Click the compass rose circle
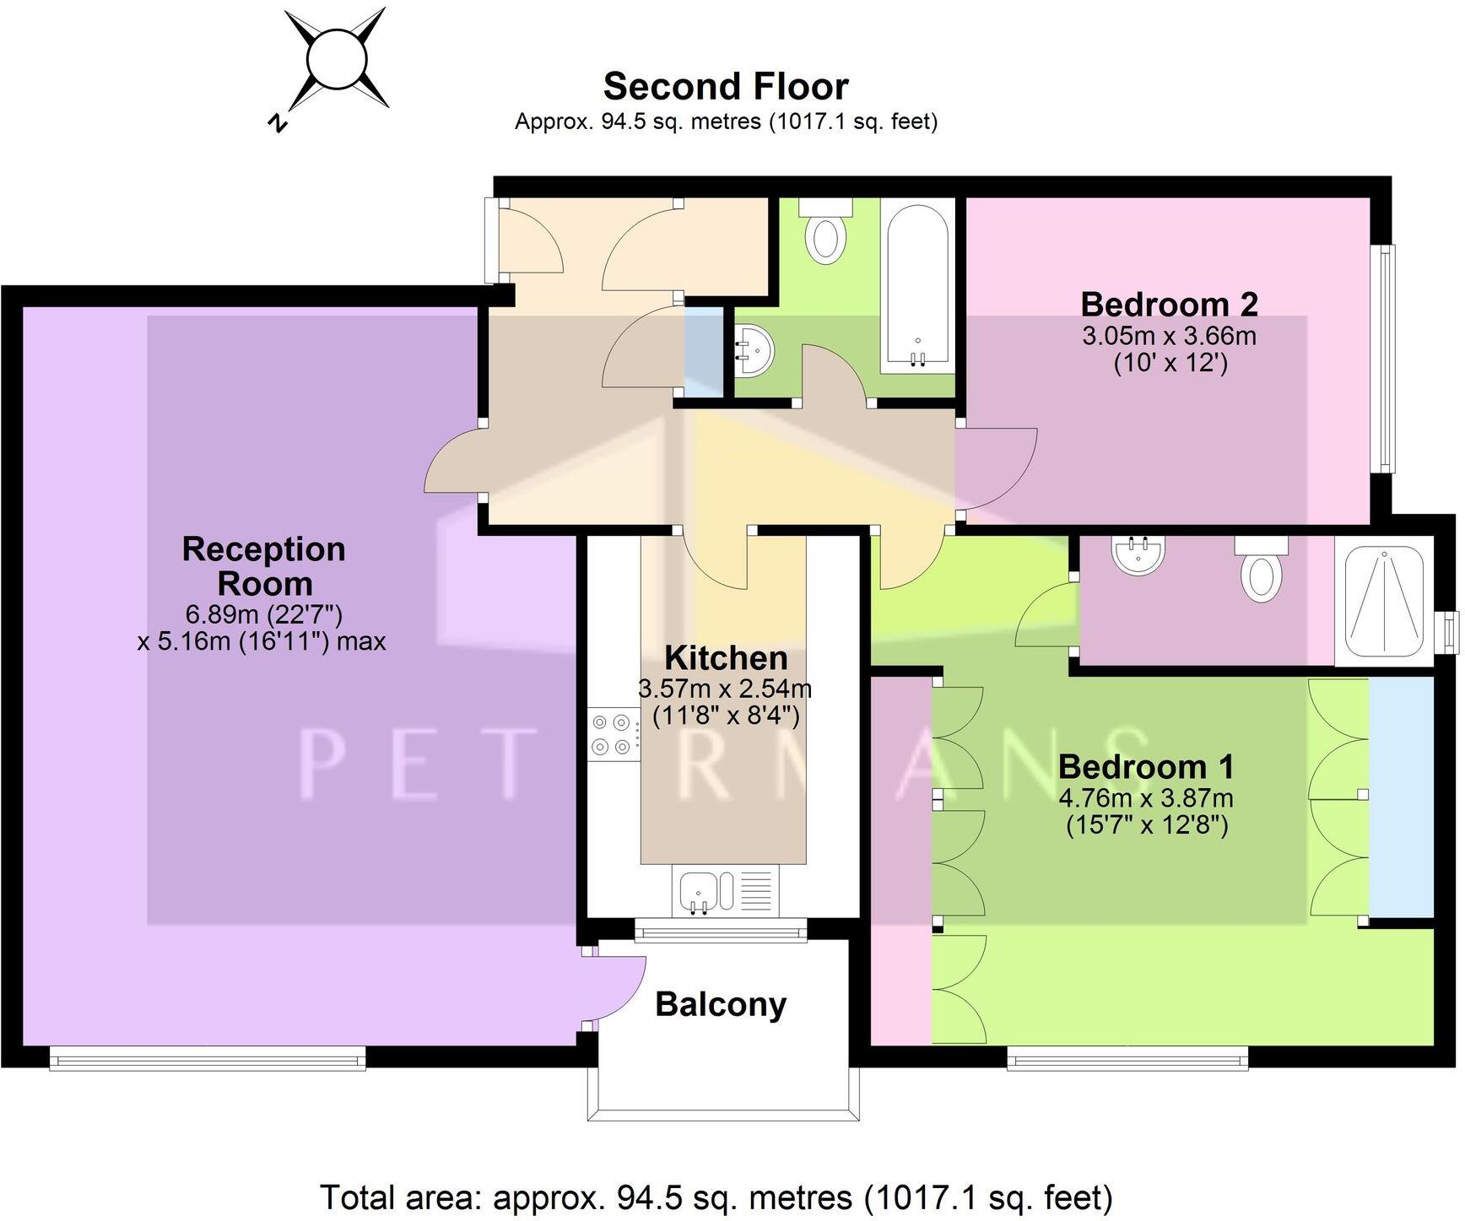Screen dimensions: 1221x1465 pos(338,59)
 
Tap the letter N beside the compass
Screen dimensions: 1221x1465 pos(277,123)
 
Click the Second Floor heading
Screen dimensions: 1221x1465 pos(726,87)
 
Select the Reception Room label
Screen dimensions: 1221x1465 pos(264,566)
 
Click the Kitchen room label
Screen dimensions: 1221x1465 pos(726,658)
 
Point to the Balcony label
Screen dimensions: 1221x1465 pos(721,1004)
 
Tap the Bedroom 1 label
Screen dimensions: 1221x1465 pos(1146,767)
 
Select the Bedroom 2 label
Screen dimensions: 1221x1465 pos(1169,304)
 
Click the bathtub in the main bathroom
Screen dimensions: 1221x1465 pos(918,287)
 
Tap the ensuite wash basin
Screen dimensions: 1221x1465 pos(1138,554)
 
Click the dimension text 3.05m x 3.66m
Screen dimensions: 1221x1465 pos(1169,336)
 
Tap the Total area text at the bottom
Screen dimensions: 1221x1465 pos(716,1197)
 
